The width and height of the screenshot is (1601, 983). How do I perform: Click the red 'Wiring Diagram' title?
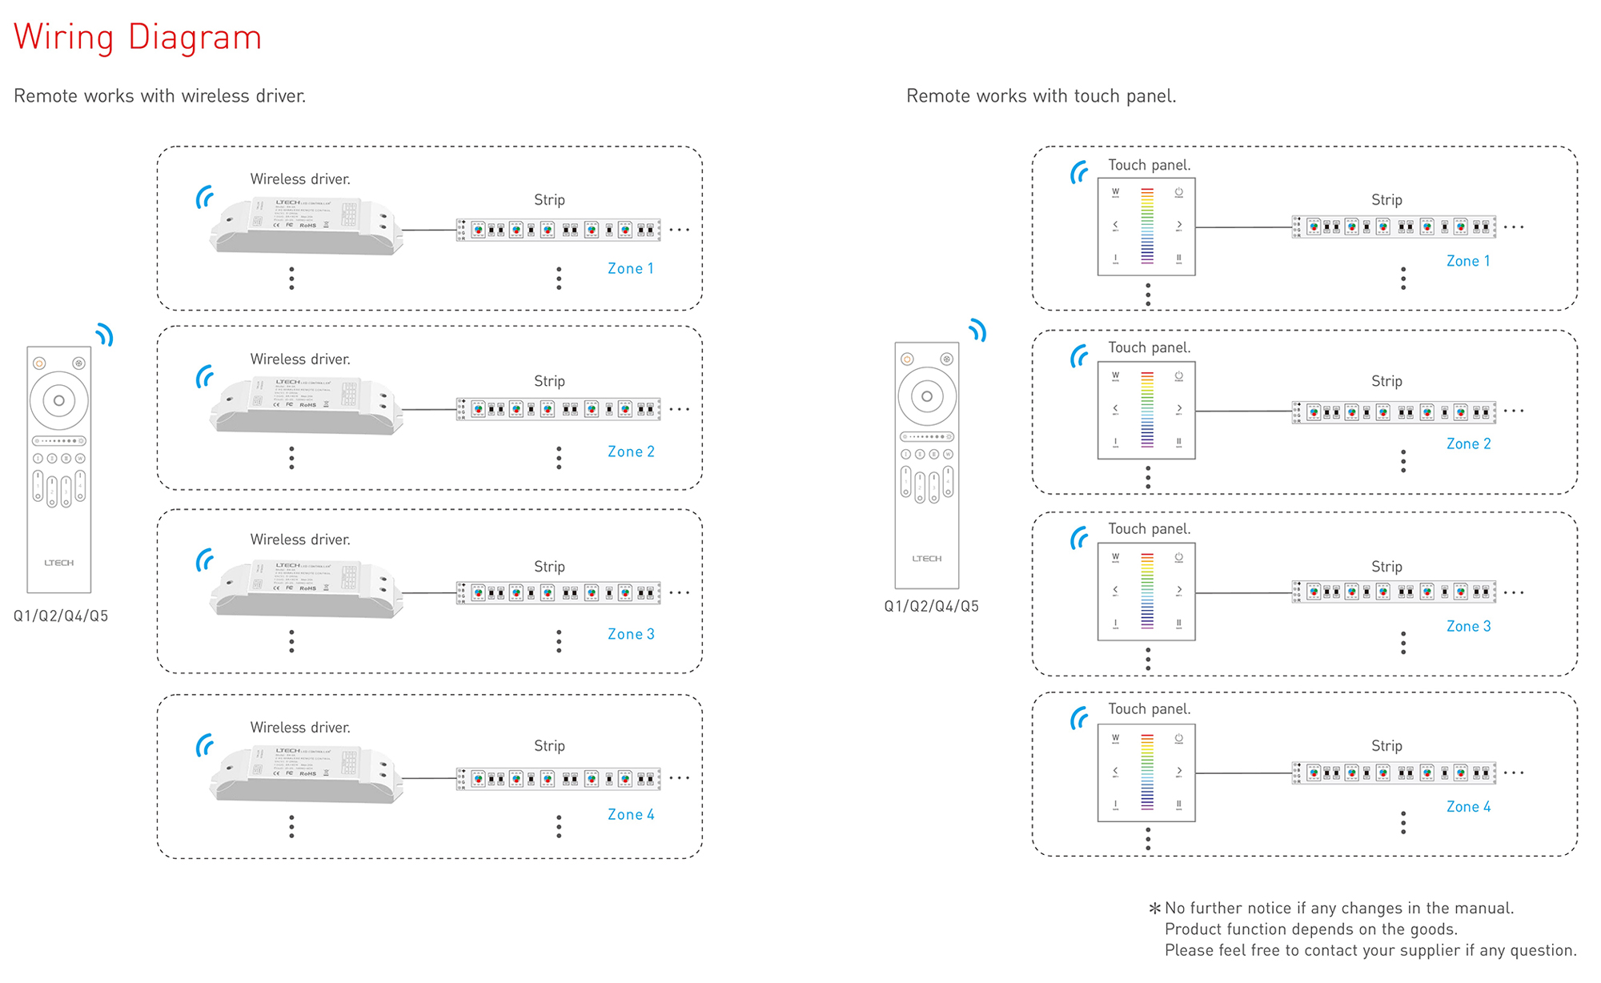tap(138, 38)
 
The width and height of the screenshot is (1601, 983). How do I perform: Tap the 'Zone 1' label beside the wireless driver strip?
tap(631, 269)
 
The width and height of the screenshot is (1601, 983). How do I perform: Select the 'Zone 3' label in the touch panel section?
tap(1468, 627)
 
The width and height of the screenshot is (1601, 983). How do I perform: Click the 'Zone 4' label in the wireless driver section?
tap(631, 815)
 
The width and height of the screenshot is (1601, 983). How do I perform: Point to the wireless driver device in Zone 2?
tap(306, 407)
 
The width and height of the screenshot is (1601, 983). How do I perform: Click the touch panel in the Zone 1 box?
tap(1146, 227)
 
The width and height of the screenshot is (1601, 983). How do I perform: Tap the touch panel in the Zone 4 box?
tap(1146, 773)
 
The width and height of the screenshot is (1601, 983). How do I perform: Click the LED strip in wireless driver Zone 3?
tap(559, 593)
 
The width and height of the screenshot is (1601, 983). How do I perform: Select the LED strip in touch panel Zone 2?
tap(1394, 412)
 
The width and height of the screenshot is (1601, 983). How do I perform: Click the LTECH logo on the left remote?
tap(59, 563)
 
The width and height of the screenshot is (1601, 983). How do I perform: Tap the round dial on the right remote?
tap(927, 396)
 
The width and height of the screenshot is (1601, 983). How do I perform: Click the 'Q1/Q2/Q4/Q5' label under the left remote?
tap(61, 616)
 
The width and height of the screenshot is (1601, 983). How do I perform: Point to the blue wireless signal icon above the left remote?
tap(105, 335)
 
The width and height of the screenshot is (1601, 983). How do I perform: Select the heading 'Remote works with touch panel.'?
tap(1041, 96)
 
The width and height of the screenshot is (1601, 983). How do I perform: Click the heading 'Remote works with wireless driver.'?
tap(160, 96)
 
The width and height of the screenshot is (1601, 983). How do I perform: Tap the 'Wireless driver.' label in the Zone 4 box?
tap(300, 728)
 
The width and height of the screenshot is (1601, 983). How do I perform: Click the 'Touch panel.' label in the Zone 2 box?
tap(1150, 347)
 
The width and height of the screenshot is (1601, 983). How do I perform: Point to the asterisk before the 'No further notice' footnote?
tap(1154, 909)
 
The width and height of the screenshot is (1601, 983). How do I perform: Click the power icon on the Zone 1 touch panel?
tap(1178, 193)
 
